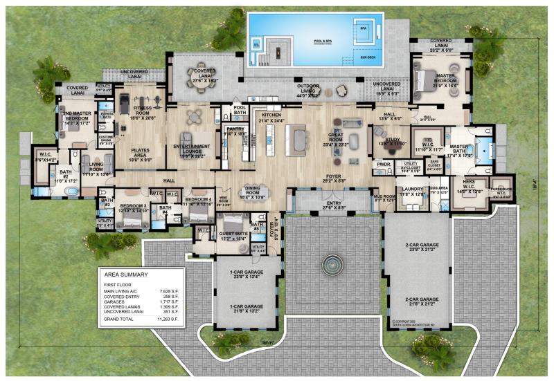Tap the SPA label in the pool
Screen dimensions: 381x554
point(363,29)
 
